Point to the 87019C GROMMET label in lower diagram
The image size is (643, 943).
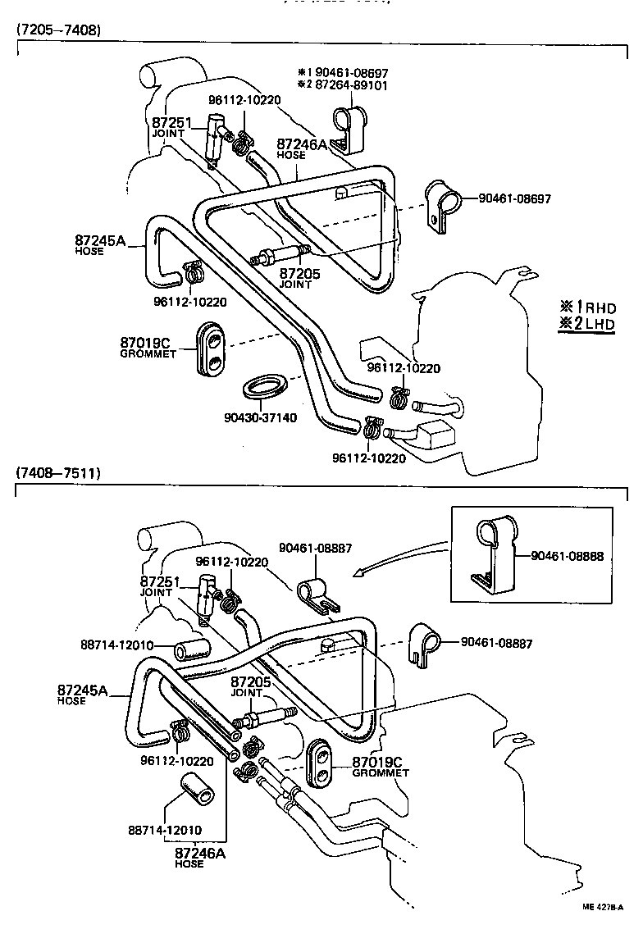point(380,766)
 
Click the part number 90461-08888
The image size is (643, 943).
point(567,556)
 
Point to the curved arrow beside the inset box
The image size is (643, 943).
point(402,558)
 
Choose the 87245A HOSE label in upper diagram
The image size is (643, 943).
point(99,244)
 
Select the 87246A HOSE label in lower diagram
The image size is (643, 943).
point(200,857)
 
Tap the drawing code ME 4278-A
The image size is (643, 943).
point(602,907)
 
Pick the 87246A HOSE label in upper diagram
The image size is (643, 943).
point(301,148)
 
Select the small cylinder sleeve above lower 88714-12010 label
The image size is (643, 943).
point(197,788)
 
